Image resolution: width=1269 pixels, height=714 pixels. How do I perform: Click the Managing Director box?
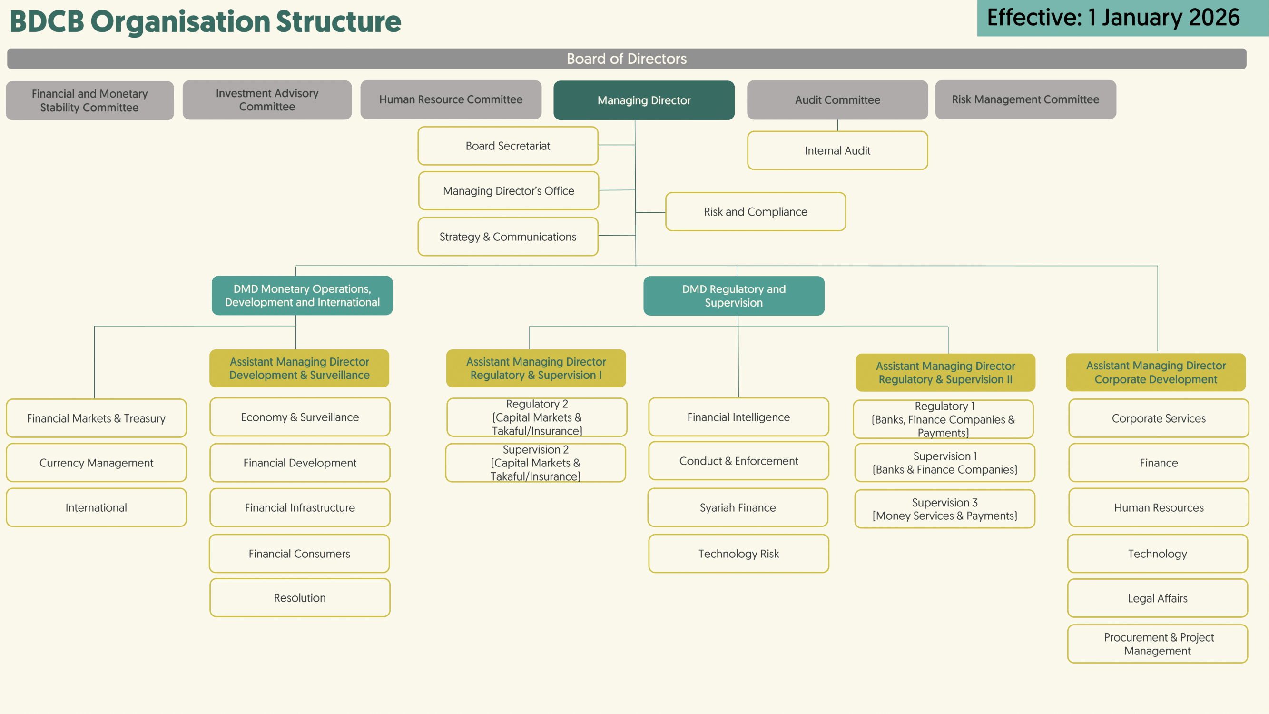[x=644, y=100]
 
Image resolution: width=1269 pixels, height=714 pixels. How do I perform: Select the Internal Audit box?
[x=837, y=150]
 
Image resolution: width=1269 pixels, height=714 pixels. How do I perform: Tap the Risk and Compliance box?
[x=755, y=211]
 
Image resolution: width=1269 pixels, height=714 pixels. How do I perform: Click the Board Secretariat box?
[x=507, y=146]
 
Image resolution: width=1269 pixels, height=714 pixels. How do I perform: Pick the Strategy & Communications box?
[x=507, y=237]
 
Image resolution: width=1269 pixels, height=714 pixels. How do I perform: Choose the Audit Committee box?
[x=837, y=99]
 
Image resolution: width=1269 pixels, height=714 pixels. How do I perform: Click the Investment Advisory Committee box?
[x=267, y=99]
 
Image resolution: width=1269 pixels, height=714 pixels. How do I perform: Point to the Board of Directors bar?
[x=626, y=59]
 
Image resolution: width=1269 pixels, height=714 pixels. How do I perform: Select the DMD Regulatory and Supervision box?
[x=734, y=296]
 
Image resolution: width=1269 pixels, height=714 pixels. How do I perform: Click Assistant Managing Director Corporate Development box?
[x=1156, y=372]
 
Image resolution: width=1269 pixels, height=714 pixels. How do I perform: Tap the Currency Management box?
[x=96, y=463]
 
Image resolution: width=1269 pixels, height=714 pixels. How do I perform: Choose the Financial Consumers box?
[x=299, y=554]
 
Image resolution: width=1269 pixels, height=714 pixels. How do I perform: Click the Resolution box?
[x=299, y=598]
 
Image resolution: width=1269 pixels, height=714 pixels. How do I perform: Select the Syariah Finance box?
[x=738, y=507]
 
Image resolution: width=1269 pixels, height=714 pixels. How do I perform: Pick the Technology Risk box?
[x=738, y=554]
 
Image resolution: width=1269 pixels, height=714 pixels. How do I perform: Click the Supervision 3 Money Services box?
[x=944, y=509]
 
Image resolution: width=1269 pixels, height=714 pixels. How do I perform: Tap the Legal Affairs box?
[x=1157, y=598]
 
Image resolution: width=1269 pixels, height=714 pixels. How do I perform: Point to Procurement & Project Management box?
[x=1158, y=644]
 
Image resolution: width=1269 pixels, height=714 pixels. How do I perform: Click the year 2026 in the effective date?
[x=1214, y=18]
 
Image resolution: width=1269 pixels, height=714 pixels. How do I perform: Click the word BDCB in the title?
[x=47, y=22]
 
